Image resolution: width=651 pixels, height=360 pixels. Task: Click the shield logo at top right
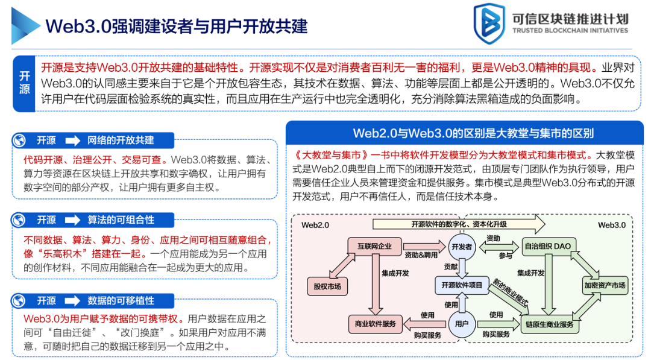coord(489,25)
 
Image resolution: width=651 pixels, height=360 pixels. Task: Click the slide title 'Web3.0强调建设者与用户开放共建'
coord(177,26)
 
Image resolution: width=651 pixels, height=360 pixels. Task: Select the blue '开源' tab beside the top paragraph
coord(25,83)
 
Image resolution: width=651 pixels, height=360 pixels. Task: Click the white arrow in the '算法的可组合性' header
coord(72,220)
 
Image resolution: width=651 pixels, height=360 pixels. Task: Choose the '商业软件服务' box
coord(375,323)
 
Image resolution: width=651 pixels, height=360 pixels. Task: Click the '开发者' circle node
coord(461,246)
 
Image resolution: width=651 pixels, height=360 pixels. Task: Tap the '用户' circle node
coord(462,324)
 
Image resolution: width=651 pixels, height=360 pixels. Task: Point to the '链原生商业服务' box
coord(550,324)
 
